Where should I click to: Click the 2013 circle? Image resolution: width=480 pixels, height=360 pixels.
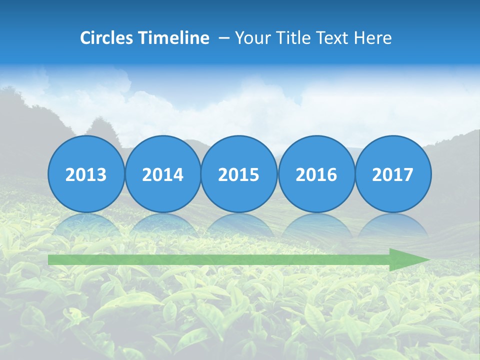[x=86, y=174]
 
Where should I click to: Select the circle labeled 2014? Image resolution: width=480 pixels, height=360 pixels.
[x=162, y=174]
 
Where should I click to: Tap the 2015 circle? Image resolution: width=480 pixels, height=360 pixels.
[x=239, y=174]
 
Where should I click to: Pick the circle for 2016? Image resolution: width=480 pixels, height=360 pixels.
[x=316, y=174]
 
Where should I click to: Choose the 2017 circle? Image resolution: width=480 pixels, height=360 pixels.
[x=393, y=174]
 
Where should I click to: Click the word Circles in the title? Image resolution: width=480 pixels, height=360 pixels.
[x=107, y=38]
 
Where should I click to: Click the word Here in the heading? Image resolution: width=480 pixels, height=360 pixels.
[x=372, y=38]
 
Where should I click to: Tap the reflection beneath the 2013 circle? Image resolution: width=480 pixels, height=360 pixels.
[x=86, y=225]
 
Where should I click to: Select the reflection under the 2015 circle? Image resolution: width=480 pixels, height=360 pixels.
[x=239, y=225]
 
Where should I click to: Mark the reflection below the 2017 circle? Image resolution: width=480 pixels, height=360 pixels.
[x=393, y=225]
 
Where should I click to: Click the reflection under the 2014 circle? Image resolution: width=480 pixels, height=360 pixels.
[x=162, y=225]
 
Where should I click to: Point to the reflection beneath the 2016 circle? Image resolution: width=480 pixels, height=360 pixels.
[x=316, y=225]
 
